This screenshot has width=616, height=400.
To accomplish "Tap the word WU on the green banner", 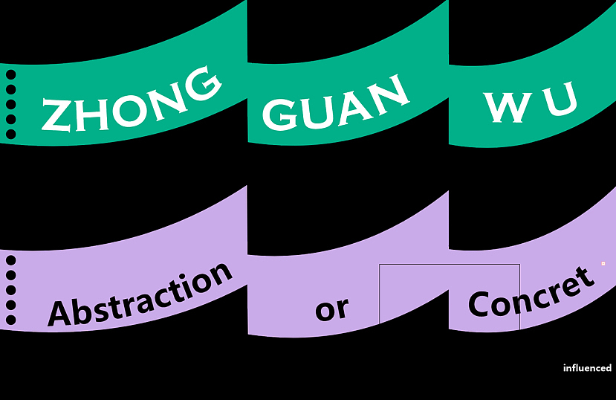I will [x=531, y=104].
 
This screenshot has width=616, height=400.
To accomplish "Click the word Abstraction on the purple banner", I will [x=140, y=294].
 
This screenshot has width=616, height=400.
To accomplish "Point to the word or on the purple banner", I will [x=331, y=308].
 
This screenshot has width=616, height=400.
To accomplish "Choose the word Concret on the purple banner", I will [x=531, y=293].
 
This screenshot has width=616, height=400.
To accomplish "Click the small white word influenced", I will [x=587, y=368].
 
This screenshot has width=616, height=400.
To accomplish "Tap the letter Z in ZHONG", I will [x=56, y=116].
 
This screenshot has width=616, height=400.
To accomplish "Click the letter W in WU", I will [x=505, y=108].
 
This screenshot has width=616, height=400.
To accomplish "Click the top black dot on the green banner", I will [x=11, y=74].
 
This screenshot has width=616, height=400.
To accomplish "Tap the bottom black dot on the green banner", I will [x=11, y=134].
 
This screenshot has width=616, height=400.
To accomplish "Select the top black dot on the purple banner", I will [x=11, y=260].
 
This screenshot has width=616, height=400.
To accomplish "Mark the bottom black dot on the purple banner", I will [x=11, y=320].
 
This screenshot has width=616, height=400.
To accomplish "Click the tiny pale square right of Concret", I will [x=603, y=263].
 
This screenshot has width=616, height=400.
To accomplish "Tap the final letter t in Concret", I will [x=586, y=278].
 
